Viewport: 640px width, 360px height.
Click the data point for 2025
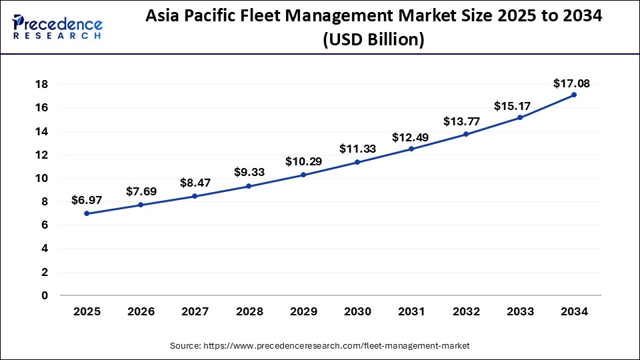(87, 213)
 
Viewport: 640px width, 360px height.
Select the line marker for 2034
(573, 95)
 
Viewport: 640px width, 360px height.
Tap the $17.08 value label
(571, 83)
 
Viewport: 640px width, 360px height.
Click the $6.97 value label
(87, 200)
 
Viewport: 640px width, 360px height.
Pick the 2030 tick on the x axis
(357, 311)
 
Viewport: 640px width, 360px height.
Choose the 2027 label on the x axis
(195, 311)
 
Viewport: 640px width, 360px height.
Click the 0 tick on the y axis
(44, 295)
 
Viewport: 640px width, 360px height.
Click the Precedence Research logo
(57, 27)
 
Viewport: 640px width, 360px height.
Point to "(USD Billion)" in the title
(373, 40)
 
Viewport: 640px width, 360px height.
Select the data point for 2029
(303, 175)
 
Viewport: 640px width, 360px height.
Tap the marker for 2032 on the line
(465, 134)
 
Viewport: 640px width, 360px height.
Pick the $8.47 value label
(195, 182)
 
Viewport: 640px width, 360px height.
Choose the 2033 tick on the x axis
(519, 311)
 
